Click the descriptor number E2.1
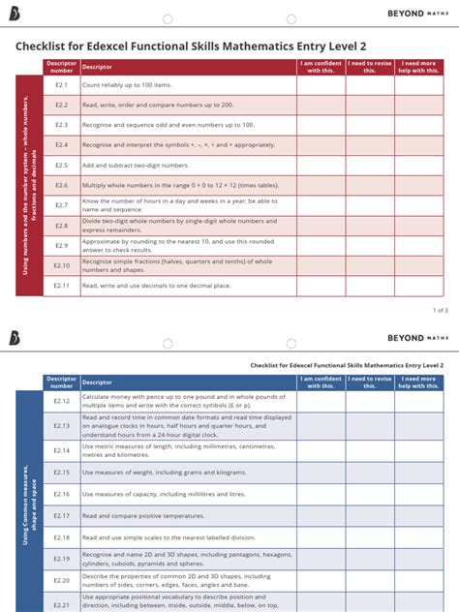point(61,85)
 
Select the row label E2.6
point(61,185)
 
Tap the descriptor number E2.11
point(61,286)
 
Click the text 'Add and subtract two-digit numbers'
point(135,166)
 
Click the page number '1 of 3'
point(439,311)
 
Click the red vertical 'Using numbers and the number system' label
point(29,185)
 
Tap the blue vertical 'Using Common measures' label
point(29,504)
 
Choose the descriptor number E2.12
point(61,401)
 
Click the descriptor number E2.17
point(61,516)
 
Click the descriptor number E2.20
point(61,580)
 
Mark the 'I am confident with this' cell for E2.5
point(321,166)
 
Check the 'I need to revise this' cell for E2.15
point(369,473)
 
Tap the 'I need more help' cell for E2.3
point(418,125)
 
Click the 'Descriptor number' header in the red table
point(61,67)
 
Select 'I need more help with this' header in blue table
point(418,382)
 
